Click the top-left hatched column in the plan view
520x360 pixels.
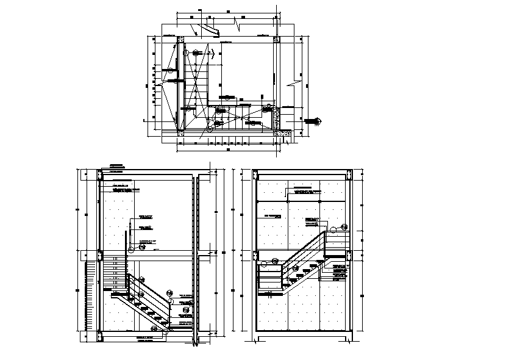coord(181,40)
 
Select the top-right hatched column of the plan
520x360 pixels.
coord(276,40)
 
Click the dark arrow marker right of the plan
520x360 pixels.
coord(315,121)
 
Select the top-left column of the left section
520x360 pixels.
coord(100,176)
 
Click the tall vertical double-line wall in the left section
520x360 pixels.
coord(194,256)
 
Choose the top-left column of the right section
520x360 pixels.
coord(255,176)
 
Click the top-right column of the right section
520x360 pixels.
coord(349,176)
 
